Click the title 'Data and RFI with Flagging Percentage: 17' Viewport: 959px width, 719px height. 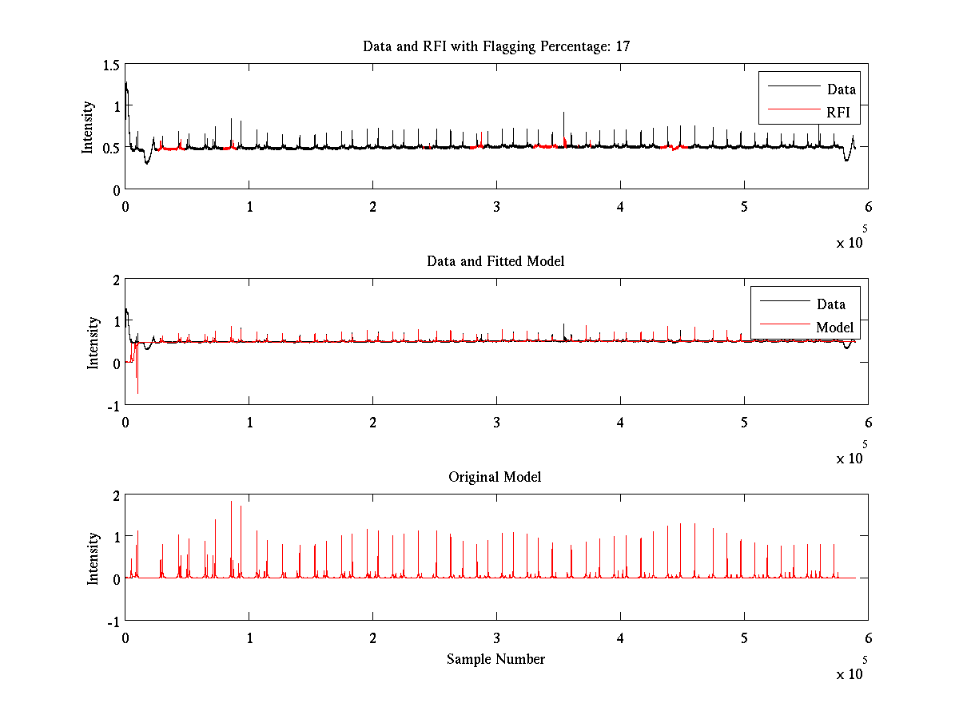[496, 46]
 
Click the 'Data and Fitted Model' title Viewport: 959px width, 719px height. [495, 261]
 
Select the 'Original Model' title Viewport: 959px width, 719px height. [495, 477]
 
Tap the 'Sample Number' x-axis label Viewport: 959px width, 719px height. [495, 659]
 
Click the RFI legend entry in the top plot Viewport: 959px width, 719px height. [842, 113]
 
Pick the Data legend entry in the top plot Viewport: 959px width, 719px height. [842, 89]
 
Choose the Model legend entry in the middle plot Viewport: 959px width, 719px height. [834, 327]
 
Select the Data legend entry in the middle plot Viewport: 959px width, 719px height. [831, 304]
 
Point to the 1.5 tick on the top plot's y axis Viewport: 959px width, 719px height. [111, 64]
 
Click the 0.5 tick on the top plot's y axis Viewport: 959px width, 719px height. [111, 148]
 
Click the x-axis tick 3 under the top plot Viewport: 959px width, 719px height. [496, 206]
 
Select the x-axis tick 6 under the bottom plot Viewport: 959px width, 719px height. [868, 638]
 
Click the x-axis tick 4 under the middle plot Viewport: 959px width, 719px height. [620, 422]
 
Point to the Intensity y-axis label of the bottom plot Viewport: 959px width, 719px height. [94, 558]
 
